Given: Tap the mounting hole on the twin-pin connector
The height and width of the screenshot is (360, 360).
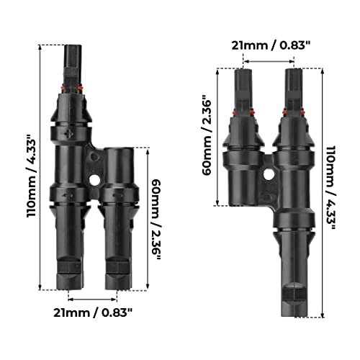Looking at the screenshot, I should point(269,174).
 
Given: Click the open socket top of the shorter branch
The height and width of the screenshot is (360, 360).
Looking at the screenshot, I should point(117,153).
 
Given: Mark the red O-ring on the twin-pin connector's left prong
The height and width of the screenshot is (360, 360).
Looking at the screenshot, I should point(244,110).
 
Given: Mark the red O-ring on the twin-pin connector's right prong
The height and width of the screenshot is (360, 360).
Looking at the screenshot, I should point(293,110).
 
